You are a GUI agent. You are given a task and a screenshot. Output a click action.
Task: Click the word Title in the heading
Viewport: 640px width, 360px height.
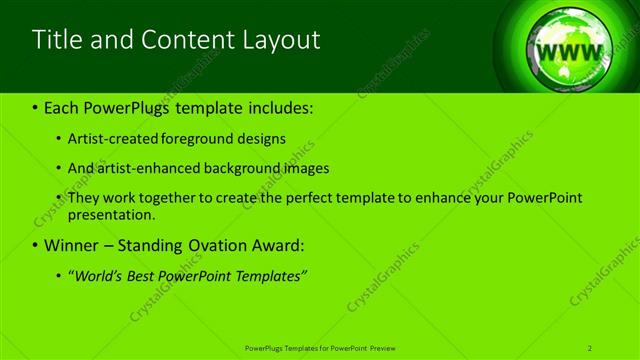coord(56,40)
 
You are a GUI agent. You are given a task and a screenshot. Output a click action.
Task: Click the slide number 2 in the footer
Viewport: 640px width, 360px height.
coord(590,347)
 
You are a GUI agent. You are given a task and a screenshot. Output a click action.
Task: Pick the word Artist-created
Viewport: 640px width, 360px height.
coord(113,139)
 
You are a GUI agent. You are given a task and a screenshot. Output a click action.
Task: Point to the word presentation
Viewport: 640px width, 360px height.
coord(112,214)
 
